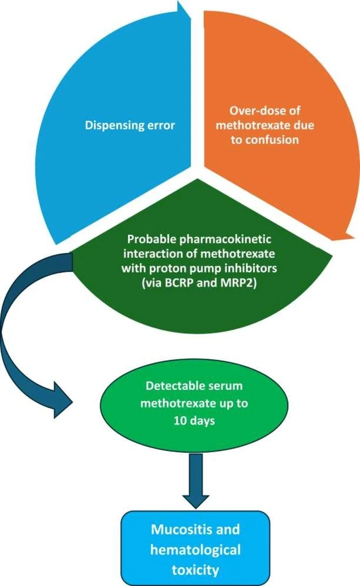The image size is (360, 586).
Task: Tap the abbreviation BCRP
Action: click(178, 283)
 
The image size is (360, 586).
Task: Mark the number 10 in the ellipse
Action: click(180, 421)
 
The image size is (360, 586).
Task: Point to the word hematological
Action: click(195, 550)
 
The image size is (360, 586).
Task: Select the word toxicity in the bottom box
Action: click(195, 570)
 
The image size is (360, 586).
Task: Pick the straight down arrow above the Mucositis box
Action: click(196, 481)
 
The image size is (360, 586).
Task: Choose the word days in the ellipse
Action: click(202, 421)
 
